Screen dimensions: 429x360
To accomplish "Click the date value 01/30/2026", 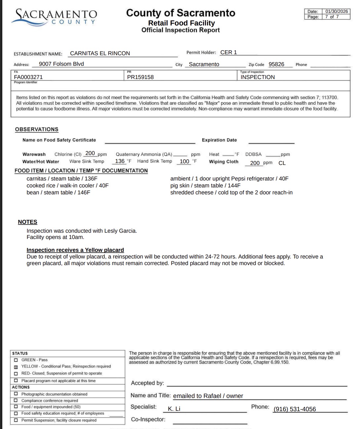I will (336, 11).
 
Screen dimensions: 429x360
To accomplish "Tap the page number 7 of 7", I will (332, 17).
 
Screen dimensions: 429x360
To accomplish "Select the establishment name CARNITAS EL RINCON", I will (100, 53).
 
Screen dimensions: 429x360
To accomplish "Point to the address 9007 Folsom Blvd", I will (61, 64).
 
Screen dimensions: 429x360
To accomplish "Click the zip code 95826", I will (276, 64).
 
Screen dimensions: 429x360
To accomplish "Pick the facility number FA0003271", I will (28, 77).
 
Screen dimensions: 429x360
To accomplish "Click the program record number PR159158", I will (140, 77).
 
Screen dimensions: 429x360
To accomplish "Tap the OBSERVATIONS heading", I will (37, 130).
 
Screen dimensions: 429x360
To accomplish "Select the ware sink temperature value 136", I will (120, 161).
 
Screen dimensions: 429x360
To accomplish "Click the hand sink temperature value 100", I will (184, 162).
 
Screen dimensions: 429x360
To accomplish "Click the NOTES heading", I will (27, 222).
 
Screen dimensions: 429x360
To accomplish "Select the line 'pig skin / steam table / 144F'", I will (205, 186).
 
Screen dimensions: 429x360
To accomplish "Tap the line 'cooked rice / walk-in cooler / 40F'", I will (67, 186).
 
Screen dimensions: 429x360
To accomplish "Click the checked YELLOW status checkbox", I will (16, 367).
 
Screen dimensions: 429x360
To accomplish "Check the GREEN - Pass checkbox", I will (16, 360).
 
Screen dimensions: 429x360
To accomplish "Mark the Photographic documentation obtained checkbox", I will (16, 394).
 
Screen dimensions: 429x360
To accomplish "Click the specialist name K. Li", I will (174, 409).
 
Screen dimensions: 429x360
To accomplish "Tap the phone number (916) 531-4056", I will (295, 409).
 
